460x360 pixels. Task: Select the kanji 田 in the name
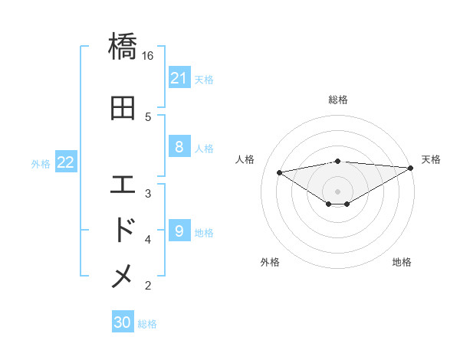123,108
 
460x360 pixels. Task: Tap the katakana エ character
123,185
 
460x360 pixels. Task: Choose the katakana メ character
123,277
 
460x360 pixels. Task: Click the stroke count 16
148,55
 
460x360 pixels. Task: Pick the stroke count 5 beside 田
148,117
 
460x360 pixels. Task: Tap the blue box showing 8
179,147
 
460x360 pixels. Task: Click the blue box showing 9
179,231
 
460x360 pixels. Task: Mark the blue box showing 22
66,162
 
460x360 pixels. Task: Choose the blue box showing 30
123,322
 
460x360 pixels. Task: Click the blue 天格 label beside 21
204,79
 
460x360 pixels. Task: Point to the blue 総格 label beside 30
147,324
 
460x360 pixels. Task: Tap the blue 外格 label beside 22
41,163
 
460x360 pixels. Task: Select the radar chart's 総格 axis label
338,100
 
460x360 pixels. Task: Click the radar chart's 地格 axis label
402,262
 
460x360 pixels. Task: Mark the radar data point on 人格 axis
279,172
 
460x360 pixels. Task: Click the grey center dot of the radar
337,191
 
